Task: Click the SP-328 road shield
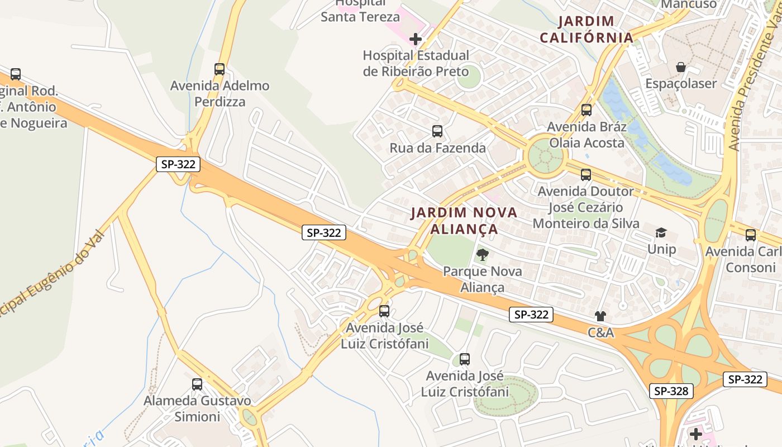point(671,391)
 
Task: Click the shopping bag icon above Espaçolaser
point(681,67)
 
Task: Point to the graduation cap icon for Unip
point(661,232)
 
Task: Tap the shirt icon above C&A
point(600,316)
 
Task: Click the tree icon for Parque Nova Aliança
point(481,255)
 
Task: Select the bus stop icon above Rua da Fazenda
point(437,131)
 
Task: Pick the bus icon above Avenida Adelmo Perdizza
point(220,69)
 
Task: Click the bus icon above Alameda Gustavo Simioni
point(197,384)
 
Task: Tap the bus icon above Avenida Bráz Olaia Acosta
point(586,110)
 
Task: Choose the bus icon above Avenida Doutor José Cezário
point(585,175)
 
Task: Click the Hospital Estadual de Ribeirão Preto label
point(416,64)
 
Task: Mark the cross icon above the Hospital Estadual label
point(416,39)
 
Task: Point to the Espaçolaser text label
point(680,84)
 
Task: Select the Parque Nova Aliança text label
point(482,279)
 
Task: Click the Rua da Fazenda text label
point(437,148)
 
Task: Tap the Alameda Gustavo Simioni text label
point(197,408)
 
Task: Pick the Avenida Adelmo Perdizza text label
point(220,93)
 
